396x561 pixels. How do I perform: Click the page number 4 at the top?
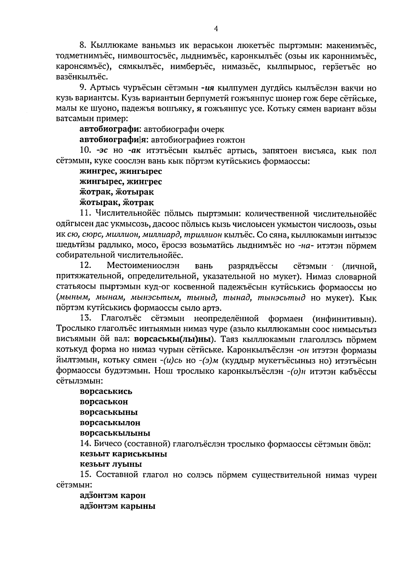point(216,29)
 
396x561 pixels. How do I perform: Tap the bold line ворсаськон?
point(104,402)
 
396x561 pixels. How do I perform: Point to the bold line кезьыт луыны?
point(111,464)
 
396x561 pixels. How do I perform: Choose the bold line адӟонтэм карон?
point(113,496)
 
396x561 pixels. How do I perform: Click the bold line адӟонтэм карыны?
point(117,506)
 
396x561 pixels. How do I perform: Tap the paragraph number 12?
point(85,266)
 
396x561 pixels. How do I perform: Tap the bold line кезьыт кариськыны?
point(123,454)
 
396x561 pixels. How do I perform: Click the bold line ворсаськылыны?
point(115,433)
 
